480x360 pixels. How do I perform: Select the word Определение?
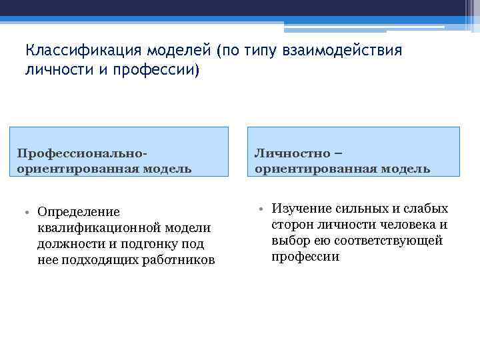point(79,212)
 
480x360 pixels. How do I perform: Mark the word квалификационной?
point(99,228)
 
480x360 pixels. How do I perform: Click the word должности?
point(67,244)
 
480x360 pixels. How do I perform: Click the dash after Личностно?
point(338,153)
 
